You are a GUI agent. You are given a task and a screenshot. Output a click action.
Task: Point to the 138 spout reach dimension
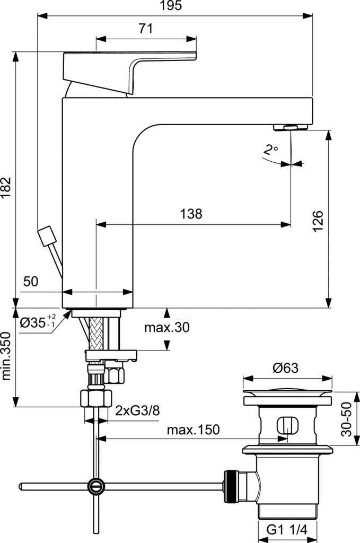click(191, 214)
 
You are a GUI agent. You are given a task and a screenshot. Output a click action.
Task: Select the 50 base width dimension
click(31, 282)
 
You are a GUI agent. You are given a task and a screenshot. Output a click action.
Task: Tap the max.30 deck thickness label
click(166, 328)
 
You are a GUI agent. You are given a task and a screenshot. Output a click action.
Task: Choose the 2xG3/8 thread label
click(136, 410)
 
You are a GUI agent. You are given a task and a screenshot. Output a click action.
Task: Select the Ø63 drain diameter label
click(287, 367)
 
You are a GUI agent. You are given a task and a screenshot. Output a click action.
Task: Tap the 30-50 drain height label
click(347, 419)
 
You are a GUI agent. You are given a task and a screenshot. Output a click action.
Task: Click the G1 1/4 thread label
click(286, 530)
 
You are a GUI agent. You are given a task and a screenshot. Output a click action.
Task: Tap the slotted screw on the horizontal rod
click(96, 485)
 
